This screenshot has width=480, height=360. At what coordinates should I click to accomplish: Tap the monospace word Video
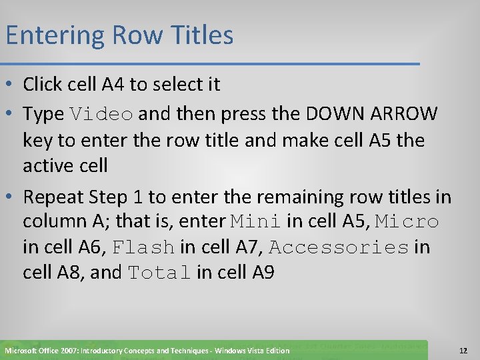pyautogui.click(x=101, y=115)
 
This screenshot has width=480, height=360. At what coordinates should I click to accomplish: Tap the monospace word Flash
pyautogui.click(x=143, y=247)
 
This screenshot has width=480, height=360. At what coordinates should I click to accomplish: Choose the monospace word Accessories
pyautogui.click(x=339, y=247)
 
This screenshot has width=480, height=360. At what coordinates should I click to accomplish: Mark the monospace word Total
pyautogui.click(x=159, y=273)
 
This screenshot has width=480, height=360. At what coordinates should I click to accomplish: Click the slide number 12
pyautogui.click(x=463, y=350)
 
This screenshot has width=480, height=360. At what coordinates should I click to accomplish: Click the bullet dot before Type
pyautogui.click(x=10, y=115)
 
